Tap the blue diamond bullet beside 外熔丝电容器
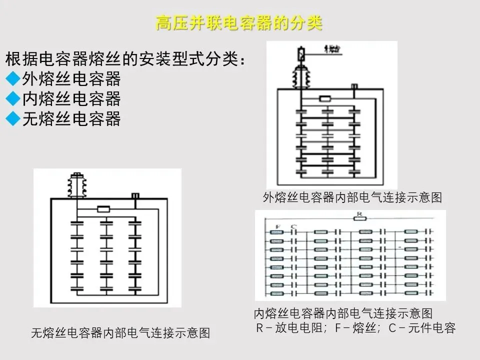tap(13, 79)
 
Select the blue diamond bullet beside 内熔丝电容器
tap(13, 99)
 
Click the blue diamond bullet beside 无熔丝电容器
tap(13, 119)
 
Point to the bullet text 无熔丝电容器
tap(71, 119)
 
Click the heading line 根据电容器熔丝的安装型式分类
tap(125, 59)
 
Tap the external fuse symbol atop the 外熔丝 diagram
tap(301, 52)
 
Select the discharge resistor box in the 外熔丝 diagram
tap(326, 99)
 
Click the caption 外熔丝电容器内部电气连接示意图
tap(352, 197)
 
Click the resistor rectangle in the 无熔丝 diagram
tap(103, 209)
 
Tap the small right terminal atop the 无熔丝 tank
tap(134, 195)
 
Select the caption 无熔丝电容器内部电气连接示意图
tap(120, 333)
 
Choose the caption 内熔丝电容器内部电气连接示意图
tap(343, 314)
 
